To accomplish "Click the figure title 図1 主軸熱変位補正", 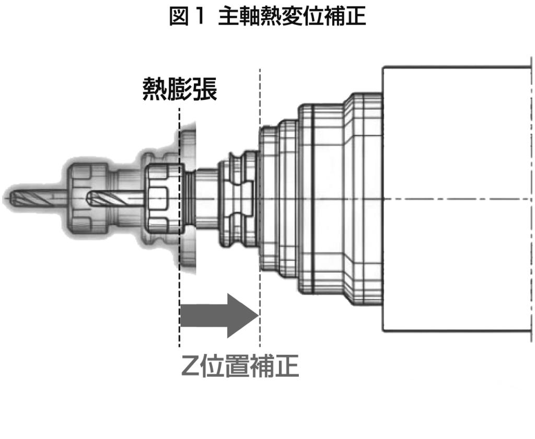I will tap(267, 18).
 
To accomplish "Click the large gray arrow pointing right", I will tap(219, 316).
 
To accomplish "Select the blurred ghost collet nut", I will tap(84, 199).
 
